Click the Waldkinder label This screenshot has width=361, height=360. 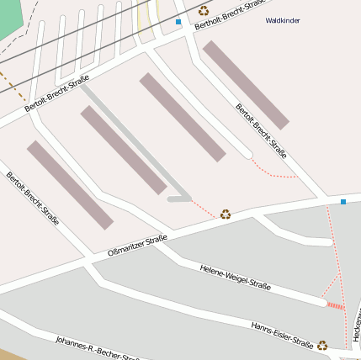click(282, 20)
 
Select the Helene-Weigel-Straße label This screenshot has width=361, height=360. click(235, 277)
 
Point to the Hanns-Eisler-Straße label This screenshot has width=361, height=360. click(282, 335)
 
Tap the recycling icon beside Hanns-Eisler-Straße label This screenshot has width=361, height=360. click(322, 344)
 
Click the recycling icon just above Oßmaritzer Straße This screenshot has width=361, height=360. click(226, 214)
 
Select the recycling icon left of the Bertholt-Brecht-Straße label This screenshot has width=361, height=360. click(204, 11)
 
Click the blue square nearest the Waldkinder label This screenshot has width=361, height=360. click(178, 22)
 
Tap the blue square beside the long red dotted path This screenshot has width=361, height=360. click(343, 202)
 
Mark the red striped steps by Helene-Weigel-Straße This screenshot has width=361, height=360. click(336, 306)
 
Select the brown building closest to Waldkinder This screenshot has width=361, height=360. click(246, 84)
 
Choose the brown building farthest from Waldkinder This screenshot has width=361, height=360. click(70, 185)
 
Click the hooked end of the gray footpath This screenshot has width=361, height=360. click(179, 199)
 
